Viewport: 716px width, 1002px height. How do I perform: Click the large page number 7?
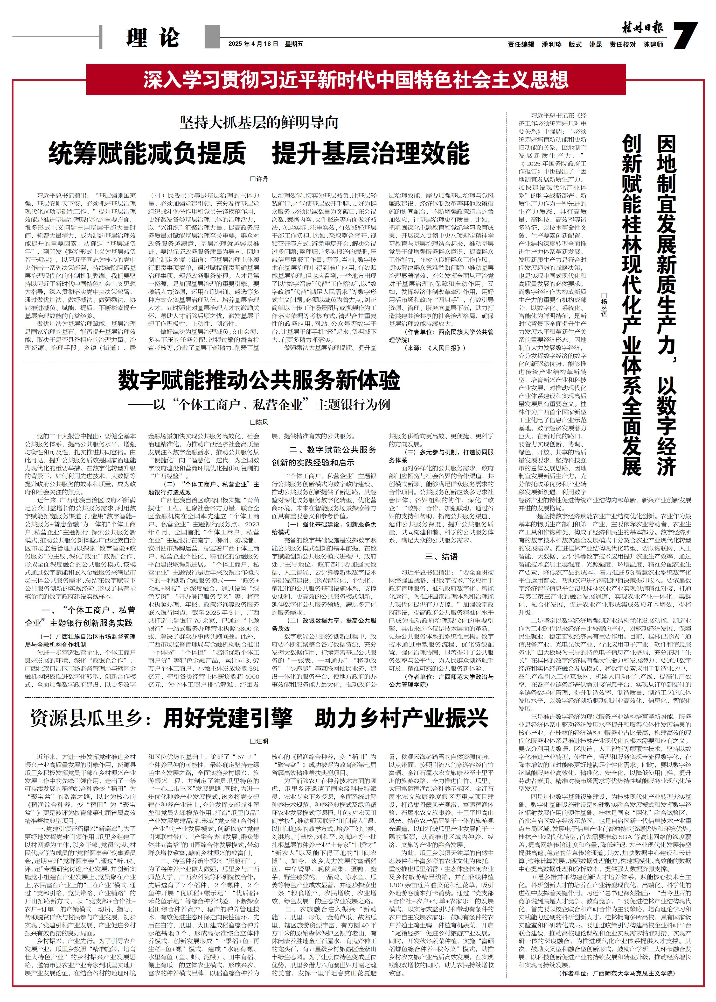click(686, 36)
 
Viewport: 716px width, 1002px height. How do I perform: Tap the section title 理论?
click(152, 38)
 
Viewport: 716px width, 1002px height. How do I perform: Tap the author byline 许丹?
click(259, 179)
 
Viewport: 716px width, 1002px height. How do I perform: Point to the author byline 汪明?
click(259, 741)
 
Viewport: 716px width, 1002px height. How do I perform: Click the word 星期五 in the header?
click(294, 44)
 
